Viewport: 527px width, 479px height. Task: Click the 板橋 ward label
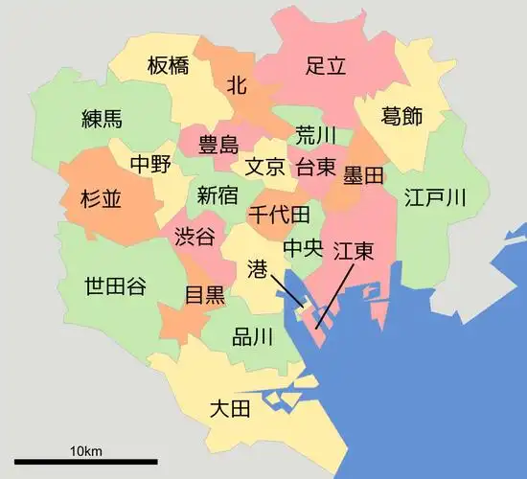[x=169, y=66]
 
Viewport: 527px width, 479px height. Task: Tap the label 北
[x=237, y=85]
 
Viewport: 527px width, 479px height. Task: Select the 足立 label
[x=326, y=66]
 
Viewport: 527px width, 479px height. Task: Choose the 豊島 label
[x=218, y=146]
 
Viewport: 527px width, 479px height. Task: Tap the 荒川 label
[x=315, y=134]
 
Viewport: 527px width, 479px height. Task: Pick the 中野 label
[x=151, y=164]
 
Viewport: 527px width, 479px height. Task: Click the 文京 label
[x=264, y=167]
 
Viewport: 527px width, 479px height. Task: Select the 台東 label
[x=315, y=167]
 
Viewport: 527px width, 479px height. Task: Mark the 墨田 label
[x=363, y=175]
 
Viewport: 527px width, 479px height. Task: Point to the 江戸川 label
[x=435, y=198]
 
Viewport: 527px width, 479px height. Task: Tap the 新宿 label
[x=218, y=196]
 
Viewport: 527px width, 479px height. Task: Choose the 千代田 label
[x=279, y=214]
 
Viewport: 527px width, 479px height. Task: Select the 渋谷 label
[x=195, y=237]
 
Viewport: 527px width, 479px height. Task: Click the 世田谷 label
[x=115, y=285]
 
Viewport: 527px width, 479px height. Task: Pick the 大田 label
[x=229, y=410]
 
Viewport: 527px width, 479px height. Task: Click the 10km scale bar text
[x=85, y=450]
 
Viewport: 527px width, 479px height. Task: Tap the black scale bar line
[x=85, y=464]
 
